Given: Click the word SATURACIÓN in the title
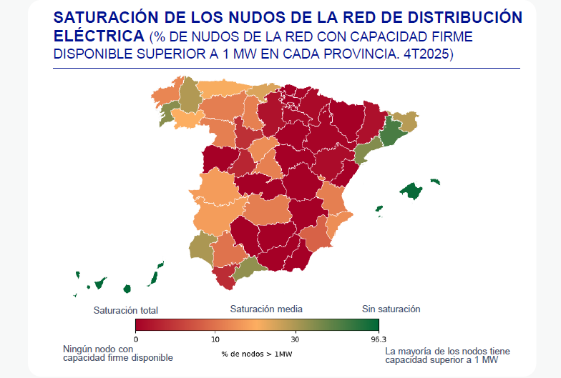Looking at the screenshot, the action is coord(106,17).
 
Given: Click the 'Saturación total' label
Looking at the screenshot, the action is coord(126,310).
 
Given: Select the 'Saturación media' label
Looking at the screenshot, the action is coord(266,309).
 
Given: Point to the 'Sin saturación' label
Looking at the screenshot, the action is coord(391,309).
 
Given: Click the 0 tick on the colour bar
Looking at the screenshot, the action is coord(136,339).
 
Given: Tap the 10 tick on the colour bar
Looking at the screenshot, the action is coord(215,339).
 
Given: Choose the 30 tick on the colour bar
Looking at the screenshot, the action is coord(295,339).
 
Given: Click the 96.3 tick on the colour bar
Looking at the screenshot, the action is coord(379,339).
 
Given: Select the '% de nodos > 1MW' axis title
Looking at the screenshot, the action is coord(256,354).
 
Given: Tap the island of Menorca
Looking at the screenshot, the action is coord(435,181).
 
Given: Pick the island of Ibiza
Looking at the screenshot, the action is coord(379,209).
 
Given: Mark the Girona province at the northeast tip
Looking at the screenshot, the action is coord(404,121).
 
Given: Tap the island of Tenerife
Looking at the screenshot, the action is coord(100,283).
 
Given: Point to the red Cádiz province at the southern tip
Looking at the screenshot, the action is coord(225,277).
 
